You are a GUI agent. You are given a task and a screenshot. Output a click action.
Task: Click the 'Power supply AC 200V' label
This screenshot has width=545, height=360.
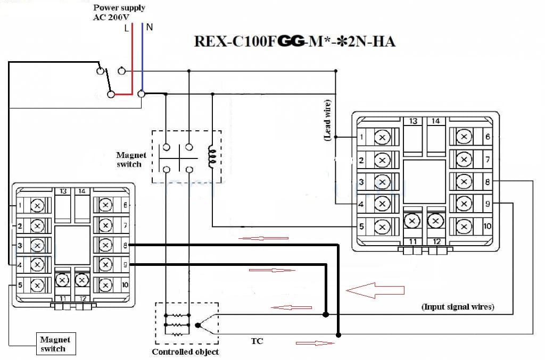(119, 12)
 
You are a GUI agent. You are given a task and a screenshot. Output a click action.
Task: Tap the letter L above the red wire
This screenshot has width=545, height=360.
(127, 28)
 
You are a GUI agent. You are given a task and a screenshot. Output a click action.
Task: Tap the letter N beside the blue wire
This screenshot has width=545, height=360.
(150, 27)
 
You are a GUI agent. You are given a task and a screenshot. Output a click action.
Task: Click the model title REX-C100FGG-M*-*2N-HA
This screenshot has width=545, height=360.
(294, 41)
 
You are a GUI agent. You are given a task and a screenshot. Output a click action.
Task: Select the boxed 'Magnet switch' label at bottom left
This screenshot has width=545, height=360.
(55, 344)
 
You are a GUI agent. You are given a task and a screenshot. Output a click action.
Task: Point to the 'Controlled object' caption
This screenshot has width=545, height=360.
(185, 351)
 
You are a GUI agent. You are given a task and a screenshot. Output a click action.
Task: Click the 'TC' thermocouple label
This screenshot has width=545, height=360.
(257, 341)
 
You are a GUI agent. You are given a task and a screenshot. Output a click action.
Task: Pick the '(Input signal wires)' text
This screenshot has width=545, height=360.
(457, 306)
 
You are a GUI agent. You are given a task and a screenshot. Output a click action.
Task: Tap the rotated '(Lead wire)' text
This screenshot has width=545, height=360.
(327, 120)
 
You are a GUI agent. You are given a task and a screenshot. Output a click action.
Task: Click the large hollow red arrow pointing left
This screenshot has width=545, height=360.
(375, 290)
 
